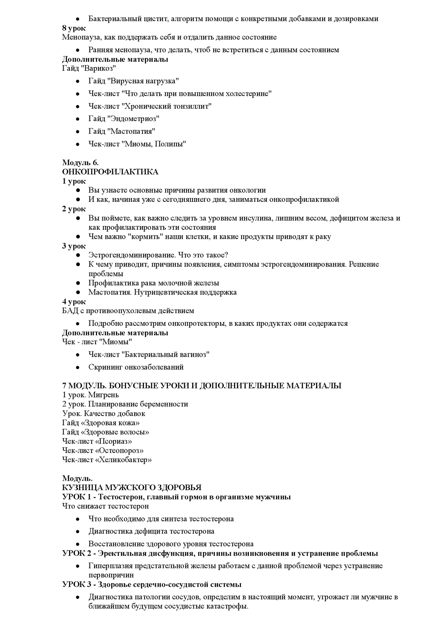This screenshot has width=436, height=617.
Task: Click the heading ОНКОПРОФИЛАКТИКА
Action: pyautogui.click(x=110, y=172)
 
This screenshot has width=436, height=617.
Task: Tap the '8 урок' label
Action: pyautogui.click(x=74, y=28)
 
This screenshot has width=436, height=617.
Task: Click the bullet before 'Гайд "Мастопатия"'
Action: pyautogui.click(x=77, y=131)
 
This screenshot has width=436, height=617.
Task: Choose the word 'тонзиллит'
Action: pyautogui.click(x=192, y=106)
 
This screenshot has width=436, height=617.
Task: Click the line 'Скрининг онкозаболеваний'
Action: pyautogui.click(x=136, y=367)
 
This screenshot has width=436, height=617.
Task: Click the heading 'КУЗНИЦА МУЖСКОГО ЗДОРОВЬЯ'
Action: pyautogui.click(x=132, y=488)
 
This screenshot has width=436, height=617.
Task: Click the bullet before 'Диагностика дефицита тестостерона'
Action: pyautogui.click(x=77, y=532)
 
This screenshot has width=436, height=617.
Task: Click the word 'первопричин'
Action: pyautogui.click(x=111, y=575)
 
